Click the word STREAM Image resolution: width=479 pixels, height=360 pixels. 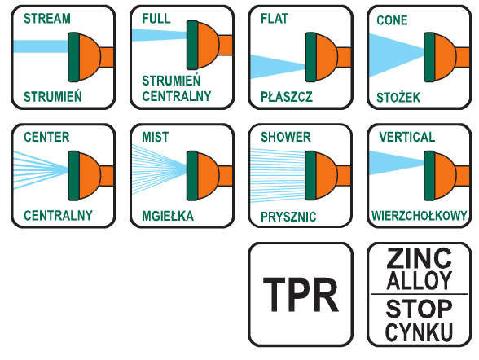(x=47, y=18)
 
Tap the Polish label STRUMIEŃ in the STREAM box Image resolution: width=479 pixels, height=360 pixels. (x=53, y=96)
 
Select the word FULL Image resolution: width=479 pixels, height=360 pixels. (x=156, y=18)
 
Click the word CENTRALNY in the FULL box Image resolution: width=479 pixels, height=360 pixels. (x=177, y=96)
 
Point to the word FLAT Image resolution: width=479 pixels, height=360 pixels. (x=275, y=18)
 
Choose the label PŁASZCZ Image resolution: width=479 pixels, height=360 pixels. (x=287, y=97)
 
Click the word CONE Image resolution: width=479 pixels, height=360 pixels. (x=392, y=20)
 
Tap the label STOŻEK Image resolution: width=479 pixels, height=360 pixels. (x=398, y=97)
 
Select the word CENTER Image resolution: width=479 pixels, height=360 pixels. (x=46, y=137)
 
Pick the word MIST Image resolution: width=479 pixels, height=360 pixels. (x=156, y=137)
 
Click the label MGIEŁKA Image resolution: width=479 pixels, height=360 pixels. (x=168, y=216)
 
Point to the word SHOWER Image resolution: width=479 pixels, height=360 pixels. (x=286, y=137)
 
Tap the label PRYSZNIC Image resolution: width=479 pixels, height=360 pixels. (x=288, y=217)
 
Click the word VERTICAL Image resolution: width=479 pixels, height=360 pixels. (x=407, y=137)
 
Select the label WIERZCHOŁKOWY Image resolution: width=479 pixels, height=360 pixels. (x=419, y=215)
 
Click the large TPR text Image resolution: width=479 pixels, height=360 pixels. (x=301, y=295)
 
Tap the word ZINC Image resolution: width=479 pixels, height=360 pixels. (x=419, y=257)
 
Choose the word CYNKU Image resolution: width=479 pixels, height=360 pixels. (x=419, y=331)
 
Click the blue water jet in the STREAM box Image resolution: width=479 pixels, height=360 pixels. (x=41, y=46)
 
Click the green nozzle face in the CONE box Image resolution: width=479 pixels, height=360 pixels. (x=429, y=57)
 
